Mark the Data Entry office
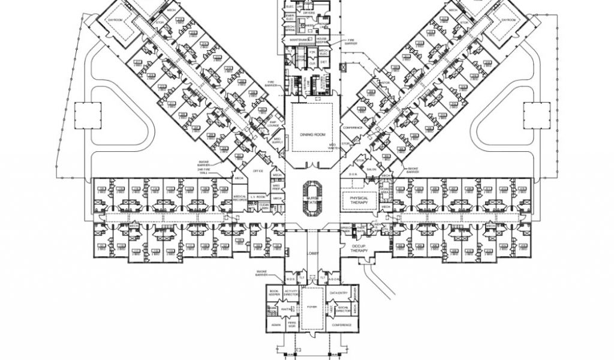coord(339,292)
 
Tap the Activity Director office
coord(291,292)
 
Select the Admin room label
coord(276,325)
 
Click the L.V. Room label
coord(258,196)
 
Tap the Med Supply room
coord(277,140)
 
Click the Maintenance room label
coord(300,40)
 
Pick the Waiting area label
coord(287,310)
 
